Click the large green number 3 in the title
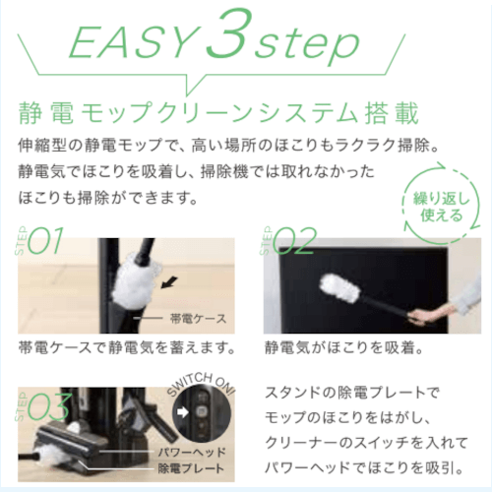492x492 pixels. (x=226, y=32)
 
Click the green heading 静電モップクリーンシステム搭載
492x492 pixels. (x=218, y=113)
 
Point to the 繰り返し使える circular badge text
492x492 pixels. (x=442, y=207)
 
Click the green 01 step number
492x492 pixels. (x=45, y=241)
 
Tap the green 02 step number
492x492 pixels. (x=294, y=241)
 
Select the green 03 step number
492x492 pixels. (x=49, y=406)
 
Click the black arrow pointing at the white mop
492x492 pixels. (x=169, y=282)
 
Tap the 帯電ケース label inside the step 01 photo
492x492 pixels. (x=198, y=319)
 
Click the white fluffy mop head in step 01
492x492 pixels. (x=136, y=278)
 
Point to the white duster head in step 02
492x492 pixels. (x=340, y=288)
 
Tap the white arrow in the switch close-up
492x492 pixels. (x=183, y=412)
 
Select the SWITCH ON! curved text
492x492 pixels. (x=201, y=383)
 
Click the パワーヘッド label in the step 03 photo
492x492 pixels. (x=192, y=453)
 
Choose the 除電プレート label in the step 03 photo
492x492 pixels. (x=191, y=468)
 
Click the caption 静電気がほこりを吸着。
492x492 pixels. (x=343, y=347)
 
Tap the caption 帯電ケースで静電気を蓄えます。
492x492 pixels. (x=127, y=347)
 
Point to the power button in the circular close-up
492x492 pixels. (x=201, y=411)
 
